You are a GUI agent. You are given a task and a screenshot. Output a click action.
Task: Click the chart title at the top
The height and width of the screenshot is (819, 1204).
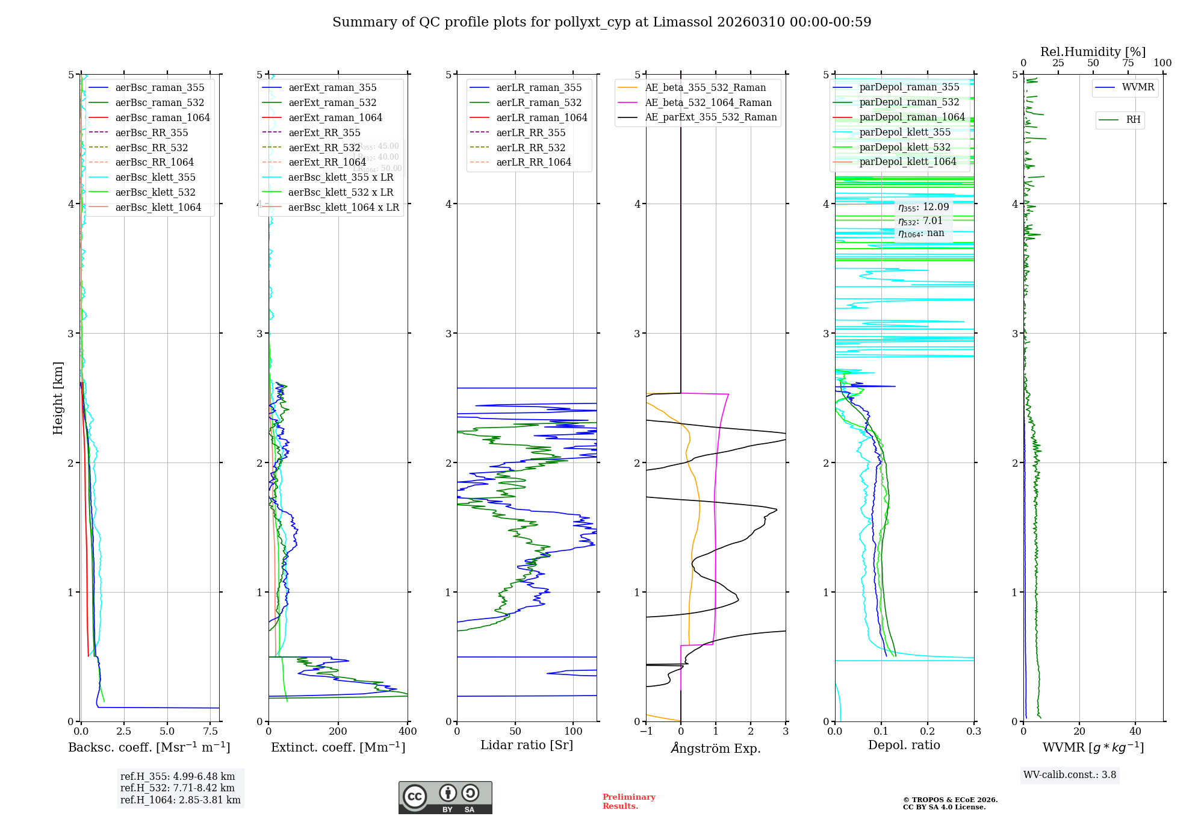(601, 22)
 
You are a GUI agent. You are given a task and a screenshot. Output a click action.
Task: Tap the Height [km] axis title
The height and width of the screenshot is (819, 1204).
(58, 398)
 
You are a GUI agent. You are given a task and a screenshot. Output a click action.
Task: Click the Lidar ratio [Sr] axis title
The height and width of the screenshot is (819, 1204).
(527, 745)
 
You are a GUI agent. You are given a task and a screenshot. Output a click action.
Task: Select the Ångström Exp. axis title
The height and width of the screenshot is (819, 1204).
(716, 748)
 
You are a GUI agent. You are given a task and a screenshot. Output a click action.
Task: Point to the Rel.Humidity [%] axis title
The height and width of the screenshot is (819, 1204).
(1093, 52)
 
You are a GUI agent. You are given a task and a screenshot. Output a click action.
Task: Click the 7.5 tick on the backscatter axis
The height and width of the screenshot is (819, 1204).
(211, 732)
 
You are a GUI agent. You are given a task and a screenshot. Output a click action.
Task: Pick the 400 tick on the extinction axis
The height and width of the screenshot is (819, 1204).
(408, 732)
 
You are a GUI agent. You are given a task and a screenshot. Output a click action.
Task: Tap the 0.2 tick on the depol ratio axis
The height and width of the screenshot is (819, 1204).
(928, 732)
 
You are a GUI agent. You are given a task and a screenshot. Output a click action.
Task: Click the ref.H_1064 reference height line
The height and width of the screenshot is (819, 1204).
(180, 800)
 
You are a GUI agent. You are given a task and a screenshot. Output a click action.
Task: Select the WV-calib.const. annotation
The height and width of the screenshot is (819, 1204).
(1070, 774)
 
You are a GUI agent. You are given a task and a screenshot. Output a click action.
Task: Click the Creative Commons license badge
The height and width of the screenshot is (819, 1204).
(445, 797)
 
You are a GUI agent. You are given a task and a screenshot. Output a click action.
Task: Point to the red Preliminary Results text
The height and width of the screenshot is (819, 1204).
(628, 801)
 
